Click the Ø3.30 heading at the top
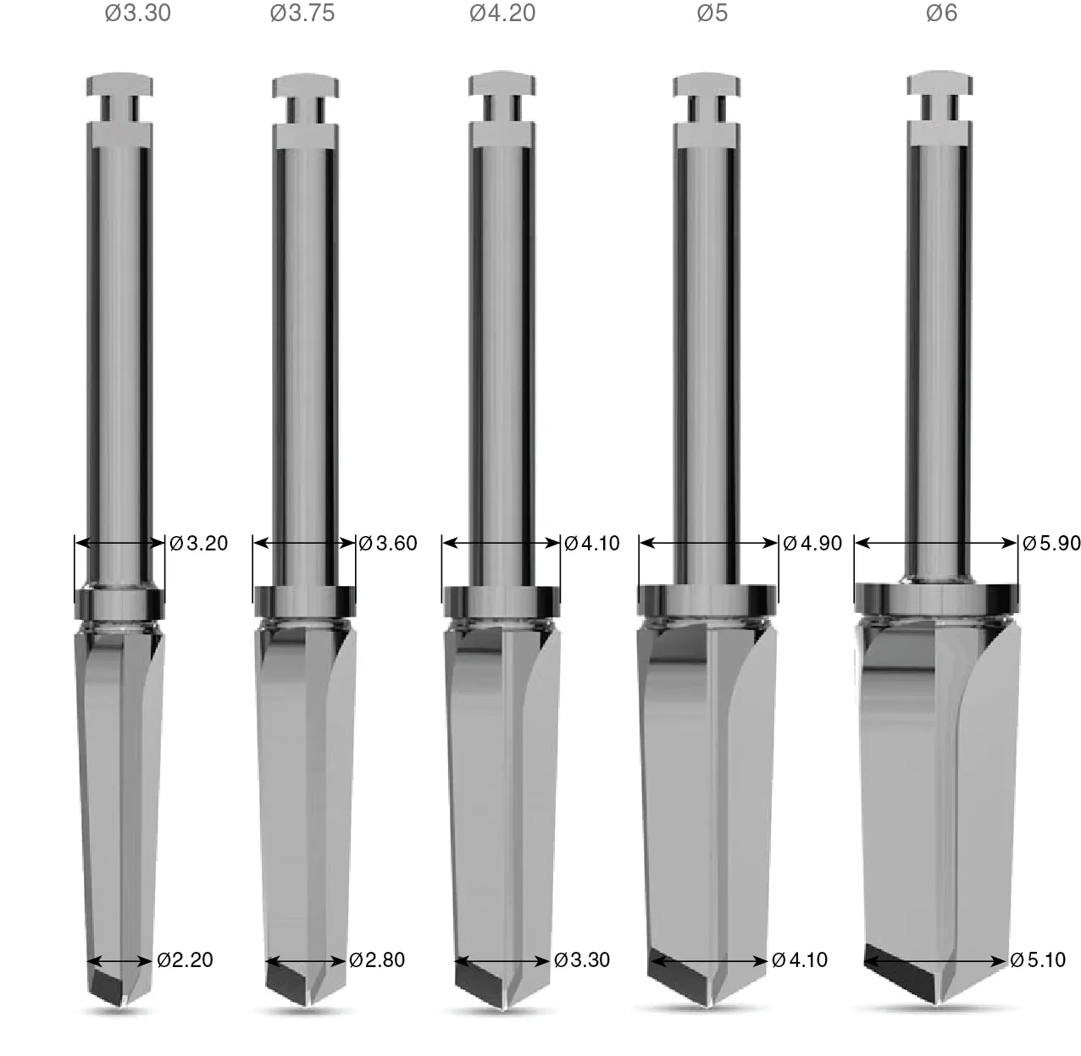coord(138,13)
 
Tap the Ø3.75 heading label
coord(302,13)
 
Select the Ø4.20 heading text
coord(502,13)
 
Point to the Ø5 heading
coord(712,13)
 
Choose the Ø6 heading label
coord(941,13)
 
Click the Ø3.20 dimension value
coord(198,543)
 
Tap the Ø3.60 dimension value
coord(388,543)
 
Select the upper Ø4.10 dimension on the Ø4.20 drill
coord(591,543)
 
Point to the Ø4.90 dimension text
coord(812,543)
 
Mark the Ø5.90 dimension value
coord(1051,543)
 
